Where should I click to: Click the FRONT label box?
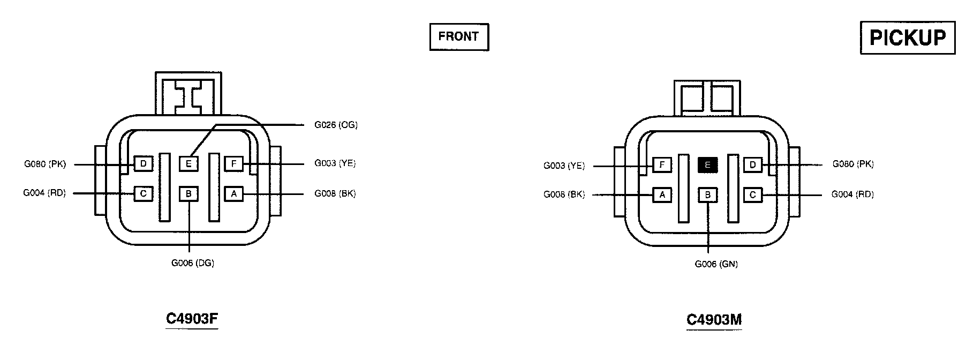tap(459, 37)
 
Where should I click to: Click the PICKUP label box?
tap(908, 37)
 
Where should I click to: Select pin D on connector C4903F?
tap(143, 163)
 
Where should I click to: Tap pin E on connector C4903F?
tap(188, 163)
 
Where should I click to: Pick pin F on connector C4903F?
tap(233, 163)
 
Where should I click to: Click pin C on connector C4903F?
tap(143, 193)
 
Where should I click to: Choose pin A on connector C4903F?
tap(233, 193)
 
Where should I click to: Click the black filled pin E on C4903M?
tap(707, 165)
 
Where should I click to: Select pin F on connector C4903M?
tap(662, 165)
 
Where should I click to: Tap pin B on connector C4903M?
tap(707, 195)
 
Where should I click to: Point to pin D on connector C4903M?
tap(752, 165)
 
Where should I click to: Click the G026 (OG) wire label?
tap(336, 125)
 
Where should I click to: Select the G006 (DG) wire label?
tap(193, 263)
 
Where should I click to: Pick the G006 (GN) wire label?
tap(716, 264)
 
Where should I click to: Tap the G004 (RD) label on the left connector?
tap(44, 193)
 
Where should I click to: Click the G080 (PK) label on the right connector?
tap(852, 164)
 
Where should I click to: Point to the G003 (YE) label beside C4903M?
tap(564, 166)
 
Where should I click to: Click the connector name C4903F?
tap(192, 319)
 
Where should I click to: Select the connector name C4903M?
tap(714, 320)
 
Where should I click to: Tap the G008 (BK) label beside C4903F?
tap(335, 193)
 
